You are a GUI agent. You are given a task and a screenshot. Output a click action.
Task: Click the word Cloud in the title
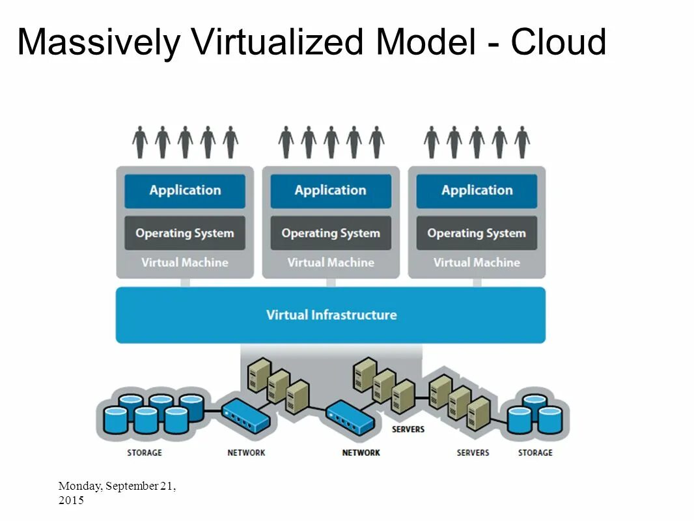point(558,43)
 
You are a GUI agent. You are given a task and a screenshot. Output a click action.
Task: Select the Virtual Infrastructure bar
point(331,315)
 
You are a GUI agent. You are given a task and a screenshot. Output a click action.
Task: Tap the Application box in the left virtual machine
point(185,191)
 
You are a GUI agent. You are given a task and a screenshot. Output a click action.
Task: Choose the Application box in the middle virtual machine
point(331,191)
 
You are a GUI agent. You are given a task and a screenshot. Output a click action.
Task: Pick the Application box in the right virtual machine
point(477,191)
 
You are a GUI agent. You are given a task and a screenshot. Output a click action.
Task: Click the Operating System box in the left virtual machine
point(185,233)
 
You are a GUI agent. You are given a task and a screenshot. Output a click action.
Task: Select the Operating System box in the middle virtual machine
point(331,233)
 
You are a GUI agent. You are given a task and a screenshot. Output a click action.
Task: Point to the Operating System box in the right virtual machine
point(477,233)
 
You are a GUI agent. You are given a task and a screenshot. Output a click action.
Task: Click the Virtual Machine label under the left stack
point(185,263)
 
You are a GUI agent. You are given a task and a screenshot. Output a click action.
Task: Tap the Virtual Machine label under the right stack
point(477,263)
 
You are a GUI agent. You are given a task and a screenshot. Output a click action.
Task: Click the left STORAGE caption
point(144,453)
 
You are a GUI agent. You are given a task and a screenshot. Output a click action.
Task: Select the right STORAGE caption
point(535,453)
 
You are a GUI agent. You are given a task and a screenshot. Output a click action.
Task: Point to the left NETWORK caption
point(246,453)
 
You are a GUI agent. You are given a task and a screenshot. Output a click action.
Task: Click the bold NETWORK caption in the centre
point(361,453)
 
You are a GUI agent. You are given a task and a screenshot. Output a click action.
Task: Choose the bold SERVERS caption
point(408,430)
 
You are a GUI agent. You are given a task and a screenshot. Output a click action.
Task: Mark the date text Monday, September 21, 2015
point(117,493)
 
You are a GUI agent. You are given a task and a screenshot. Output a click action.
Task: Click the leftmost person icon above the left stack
point(140,142)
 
